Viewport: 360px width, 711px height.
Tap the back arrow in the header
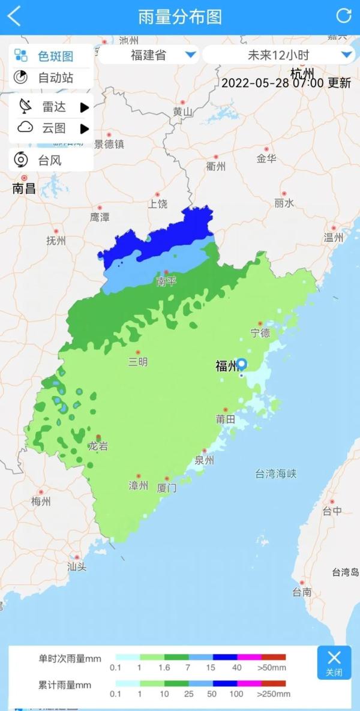[14, 16]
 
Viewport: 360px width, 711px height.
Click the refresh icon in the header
[344, 16]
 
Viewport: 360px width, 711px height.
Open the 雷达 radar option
[53, 107]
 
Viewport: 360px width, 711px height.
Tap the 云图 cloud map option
[53, 128]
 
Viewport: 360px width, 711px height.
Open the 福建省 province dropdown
[148, 56]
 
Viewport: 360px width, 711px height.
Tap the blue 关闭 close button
[334, 662]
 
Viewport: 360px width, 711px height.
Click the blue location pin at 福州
[242, 364]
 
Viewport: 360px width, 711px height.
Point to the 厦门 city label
[167, 488]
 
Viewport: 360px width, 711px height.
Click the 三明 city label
[137, 362]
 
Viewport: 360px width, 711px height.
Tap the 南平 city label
[166, 281]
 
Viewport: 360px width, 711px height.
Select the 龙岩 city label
[98, 446]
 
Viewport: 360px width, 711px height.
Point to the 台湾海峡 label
[276, 474]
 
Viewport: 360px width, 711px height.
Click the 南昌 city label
[24, 188]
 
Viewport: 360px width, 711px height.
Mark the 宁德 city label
[260, 333]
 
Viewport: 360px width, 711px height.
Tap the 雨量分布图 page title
[179, 16]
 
